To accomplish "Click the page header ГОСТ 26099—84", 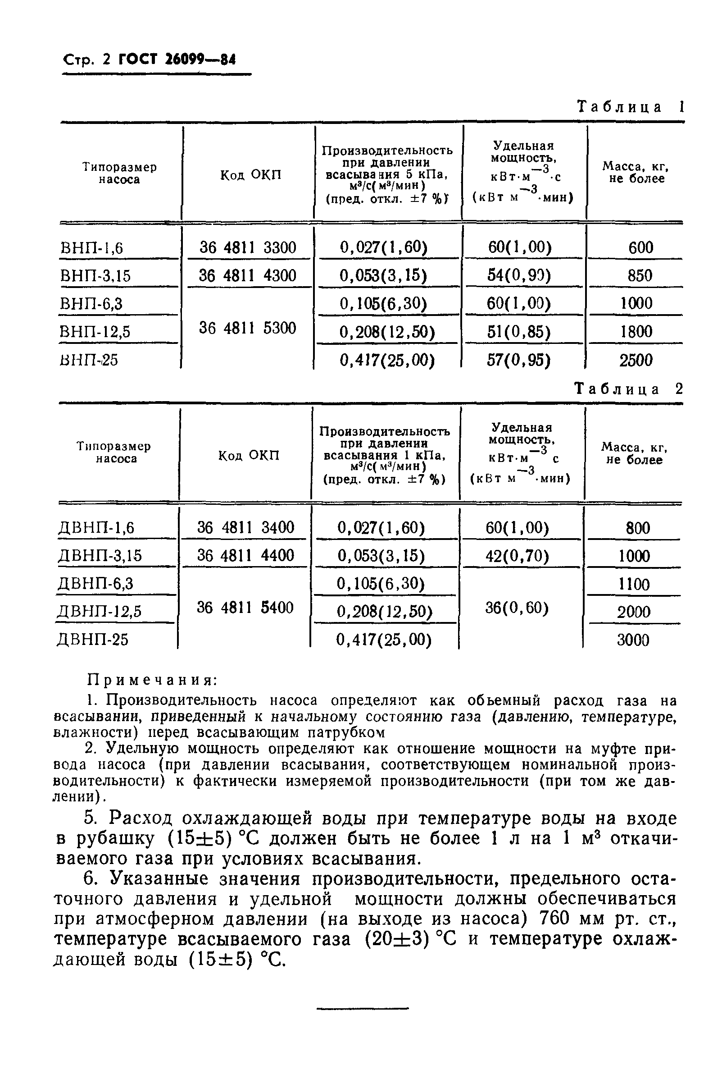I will tap(177, 60).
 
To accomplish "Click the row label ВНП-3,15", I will tap(95, 276).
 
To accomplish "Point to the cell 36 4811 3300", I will tap(248, 248).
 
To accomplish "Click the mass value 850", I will tap(640, 275).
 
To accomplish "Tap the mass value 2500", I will tap(636, 360).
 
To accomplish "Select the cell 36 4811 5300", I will tap(248, 328).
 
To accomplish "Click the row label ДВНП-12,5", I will tap(99, 612).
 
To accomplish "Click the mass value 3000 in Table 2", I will tap(633, 640).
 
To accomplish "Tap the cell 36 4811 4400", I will tap(246, 555).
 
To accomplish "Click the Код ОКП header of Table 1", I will tap(250, 175).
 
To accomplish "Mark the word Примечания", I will tap(152, 680).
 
